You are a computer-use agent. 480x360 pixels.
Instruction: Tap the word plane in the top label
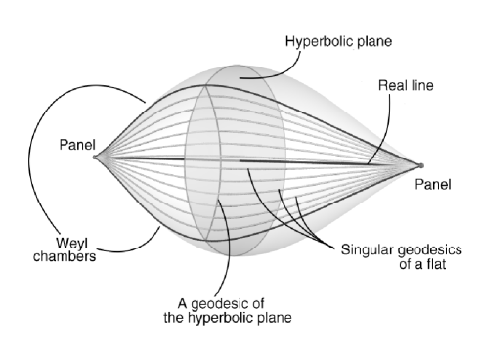[x=374, y=42]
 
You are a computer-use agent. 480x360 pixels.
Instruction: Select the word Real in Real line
[x=392, y=86]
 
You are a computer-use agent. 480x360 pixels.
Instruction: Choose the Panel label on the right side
[x=433, y=183]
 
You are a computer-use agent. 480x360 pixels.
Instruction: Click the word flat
[x=435, y=262]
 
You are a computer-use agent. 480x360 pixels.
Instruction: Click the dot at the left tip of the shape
[x=95, y=157]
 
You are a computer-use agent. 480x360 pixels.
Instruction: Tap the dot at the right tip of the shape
[x=421, y=166]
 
